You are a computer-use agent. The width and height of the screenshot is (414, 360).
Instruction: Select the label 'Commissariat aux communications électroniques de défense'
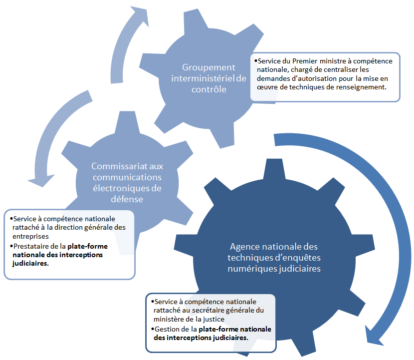pos(127,182)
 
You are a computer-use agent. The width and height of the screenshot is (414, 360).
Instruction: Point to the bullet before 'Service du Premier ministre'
pos(256,61)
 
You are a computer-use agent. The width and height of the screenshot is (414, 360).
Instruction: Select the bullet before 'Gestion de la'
pos(152,329)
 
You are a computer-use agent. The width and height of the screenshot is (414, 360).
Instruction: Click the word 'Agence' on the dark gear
pos(242,247)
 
